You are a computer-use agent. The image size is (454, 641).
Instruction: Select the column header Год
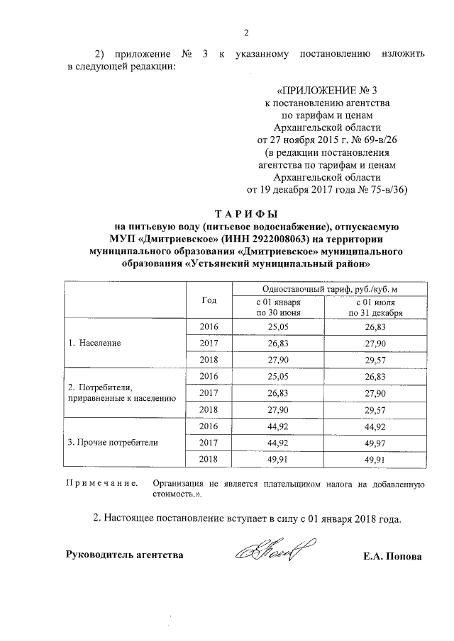(x=209, y=300)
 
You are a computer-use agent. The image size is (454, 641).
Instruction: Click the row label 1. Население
(x=94, y=343)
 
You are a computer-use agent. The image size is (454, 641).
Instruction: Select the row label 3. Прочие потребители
(x=113, y=442)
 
